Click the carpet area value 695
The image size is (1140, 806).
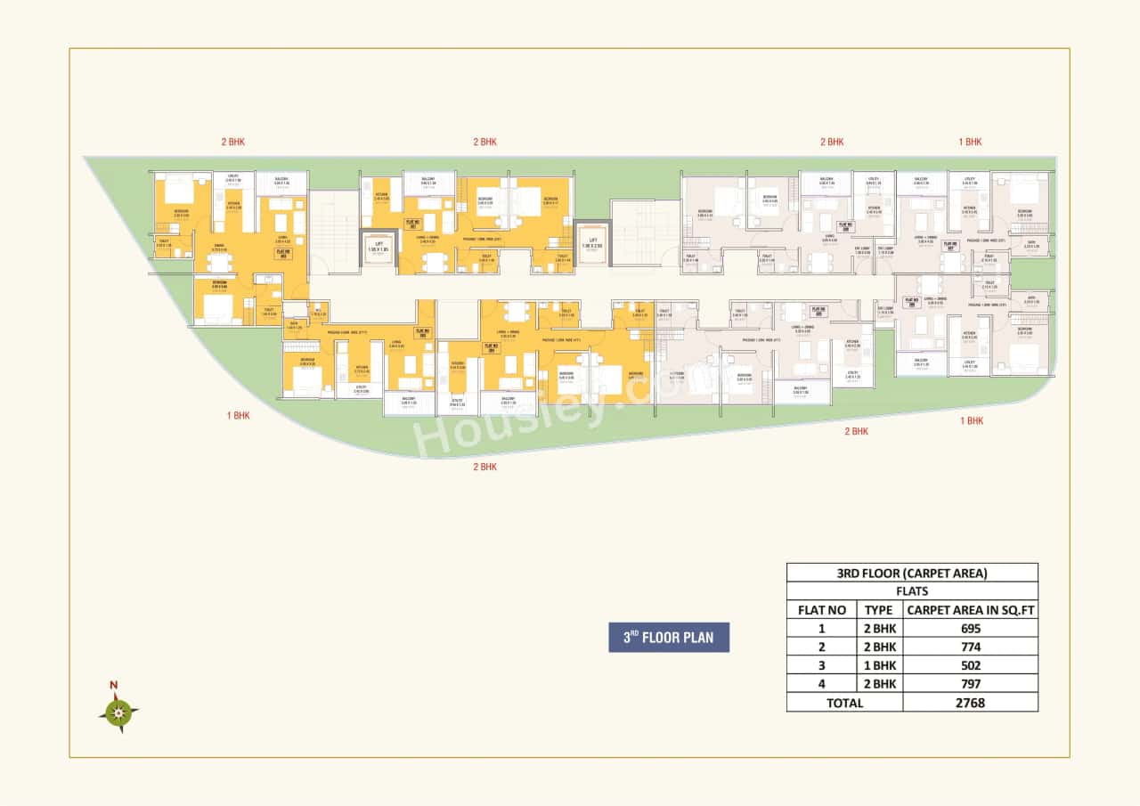pos(971,628)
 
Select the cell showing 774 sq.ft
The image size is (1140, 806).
pos(971,647)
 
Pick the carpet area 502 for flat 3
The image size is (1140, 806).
pos(971,665)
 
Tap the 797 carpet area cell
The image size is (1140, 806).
pos(971,684)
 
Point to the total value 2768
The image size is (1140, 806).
pos(971,703)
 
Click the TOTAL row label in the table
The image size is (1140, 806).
pos(844,703)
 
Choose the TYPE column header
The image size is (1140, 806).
pos(879,610)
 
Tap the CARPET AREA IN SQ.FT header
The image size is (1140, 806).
pos(971,610)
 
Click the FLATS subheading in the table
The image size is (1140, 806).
pos(912,591)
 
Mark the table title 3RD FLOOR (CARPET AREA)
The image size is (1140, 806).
pos(912,574)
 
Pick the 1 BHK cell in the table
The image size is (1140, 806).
pos(879,665)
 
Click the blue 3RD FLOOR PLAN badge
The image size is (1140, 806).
pos(669,638)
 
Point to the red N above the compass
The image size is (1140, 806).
pos(113,686)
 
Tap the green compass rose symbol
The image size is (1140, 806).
pos(118,712)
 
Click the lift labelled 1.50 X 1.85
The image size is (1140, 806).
pos(379,248)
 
